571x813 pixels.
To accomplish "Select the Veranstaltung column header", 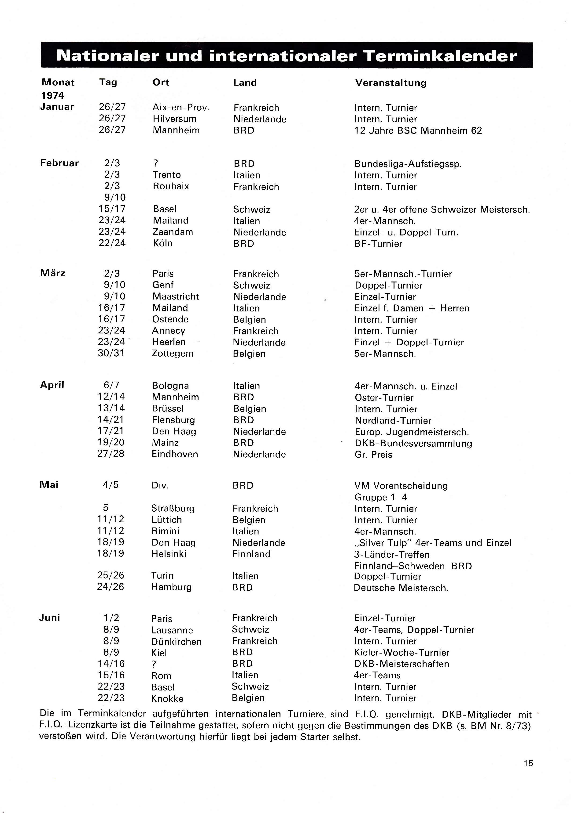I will click(x=390, y=83).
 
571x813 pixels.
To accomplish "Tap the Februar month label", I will click(x=59, y=163).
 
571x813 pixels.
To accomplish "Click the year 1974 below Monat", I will click(x=52, y=96).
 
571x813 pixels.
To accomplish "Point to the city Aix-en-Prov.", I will click(x=181, y=108).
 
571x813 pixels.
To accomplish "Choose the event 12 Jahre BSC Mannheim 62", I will click(x=418, y=131).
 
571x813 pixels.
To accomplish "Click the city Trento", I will click(x=167, y=175).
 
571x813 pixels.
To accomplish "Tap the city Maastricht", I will click(x=175, y=296).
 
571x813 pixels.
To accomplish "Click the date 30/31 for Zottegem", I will click(x=111, y=353).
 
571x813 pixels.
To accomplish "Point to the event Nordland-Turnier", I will click(x=393, y=421).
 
